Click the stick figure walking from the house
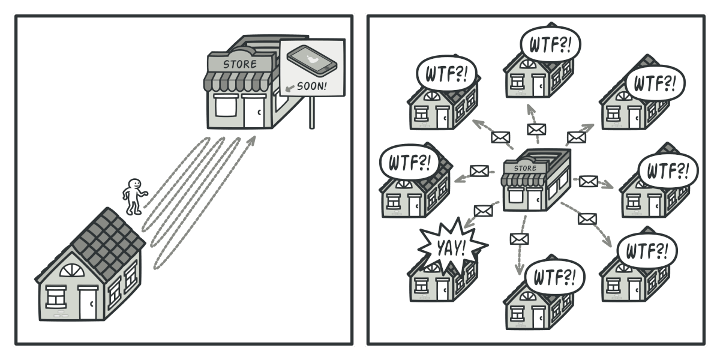point(133,197)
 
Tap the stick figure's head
point(135,184)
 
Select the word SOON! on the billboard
point(312,85)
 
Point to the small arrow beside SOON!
point(290,88)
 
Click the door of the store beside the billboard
point(253,112)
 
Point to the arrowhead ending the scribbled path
point(252,140)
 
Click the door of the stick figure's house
point(88,303)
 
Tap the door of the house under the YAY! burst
point(443,289)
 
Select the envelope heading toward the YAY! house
point(483,211)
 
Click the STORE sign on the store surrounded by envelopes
point(525,168)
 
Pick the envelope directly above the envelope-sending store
point(536,129)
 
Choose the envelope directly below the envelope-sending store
point(519,239)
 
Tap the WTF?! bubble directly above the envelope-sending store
point(550,43)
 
